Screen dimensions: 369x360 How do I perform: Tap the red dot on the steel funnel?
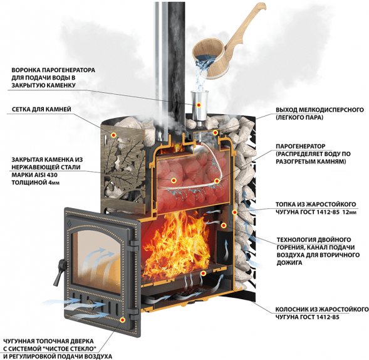click(x=199, y=105)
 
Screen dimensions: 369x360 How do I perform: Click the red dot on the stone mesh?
click(x=114, y=135)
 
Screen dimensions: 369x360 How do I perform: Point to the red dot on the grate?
click(x=203, y=273)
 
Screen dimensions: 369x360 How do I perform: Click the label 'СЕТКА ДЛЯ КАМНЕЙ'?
click(x=41, y=109)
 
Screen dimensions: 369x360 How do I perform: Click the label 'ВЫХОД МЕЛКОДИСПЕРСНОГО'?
click(x=320, y=110)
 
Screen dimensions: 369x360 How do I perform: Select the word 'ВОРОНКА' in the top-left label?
click(x=26, y=70)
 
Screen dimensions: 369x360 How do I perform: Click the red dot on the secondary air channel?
click(x=224, y=226)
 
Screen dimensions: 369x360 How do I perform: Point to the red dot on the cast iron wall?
click(x=234, y=212)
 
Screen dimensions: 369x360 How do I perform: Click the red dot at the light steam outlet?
click(x=215, y=132)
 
